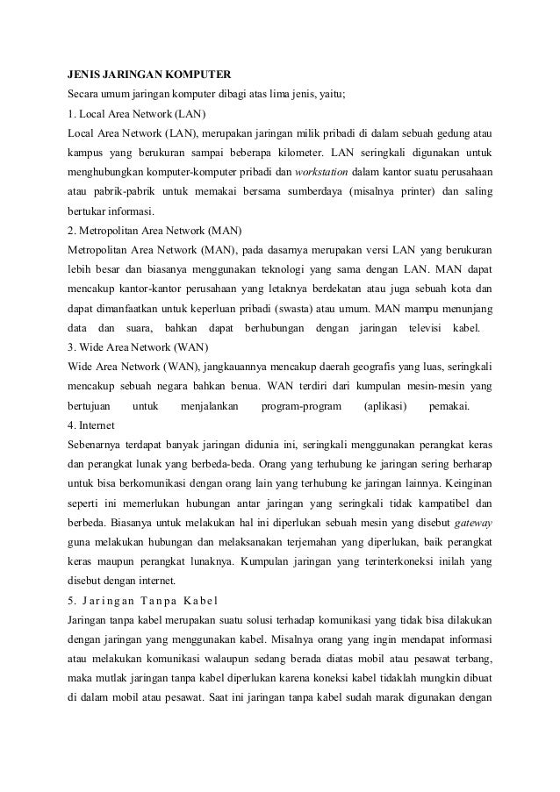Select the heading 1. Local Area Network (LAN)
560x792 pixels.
(135, 113)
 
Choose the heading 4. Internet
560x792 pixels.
(93, 425)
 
